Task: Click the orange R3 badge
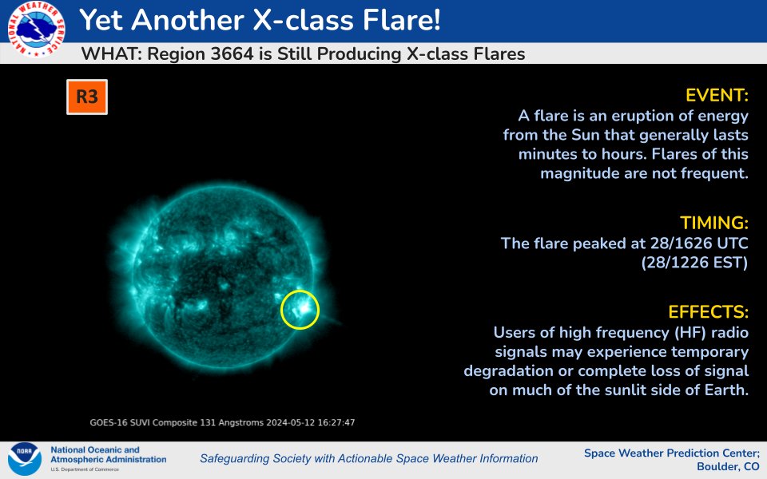[x=87, y=97]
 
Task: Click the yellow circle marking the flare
[x=300, y=310]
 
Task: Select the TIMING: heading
[x=714, y=222]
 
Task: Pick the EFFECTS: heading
[x=709, y=311]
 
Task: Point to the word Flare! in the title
[x=399, y=21]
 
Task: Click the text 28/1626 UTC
[x=690, y=243]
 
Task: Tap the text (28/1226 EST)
[x=693, y=263]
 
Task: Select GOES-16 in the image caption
[x=110, y=422]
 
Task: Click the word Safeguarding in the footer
[x=236, y=458]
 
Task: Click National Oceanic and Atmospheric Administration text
[x=108, y=455]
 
